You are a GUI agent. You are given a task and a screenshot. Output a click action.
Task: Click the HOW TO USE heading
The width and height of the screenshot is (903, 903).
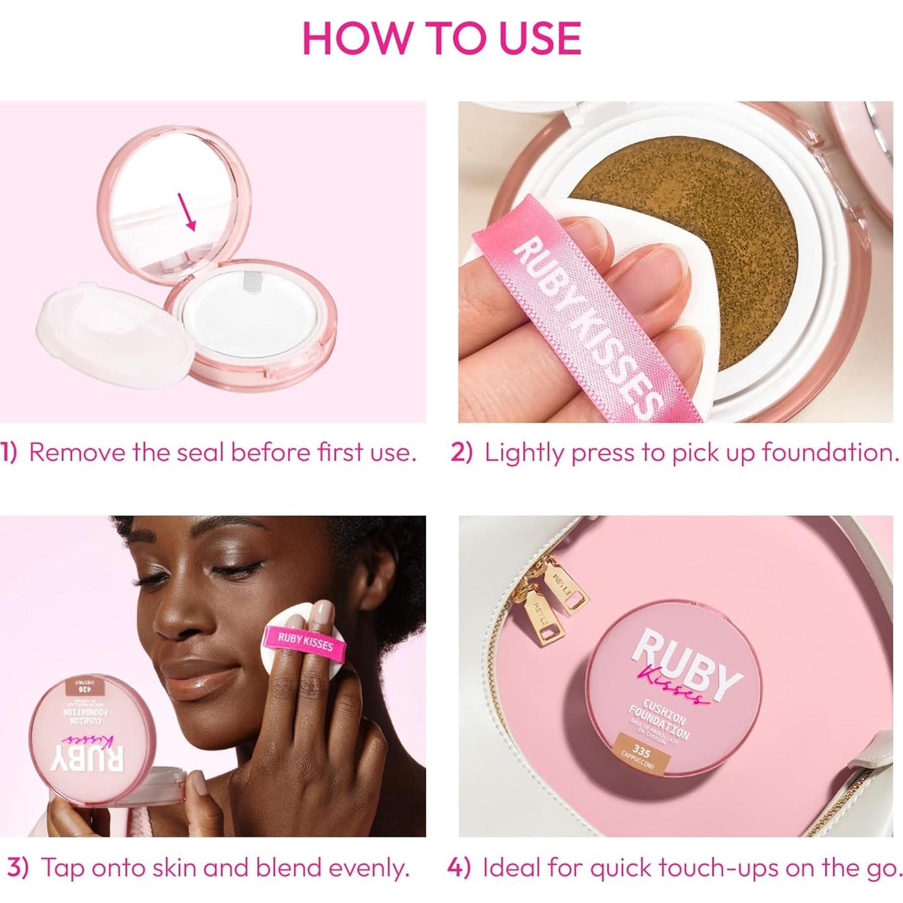coord(441,38)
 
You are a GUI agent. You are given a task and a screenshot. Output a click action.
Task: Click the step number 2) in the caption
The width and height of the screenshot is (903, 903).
coord(462,452)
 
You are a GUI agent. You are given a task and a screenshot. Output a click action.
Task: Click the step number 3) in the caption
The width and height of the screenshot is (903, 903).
coord(18,868)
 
